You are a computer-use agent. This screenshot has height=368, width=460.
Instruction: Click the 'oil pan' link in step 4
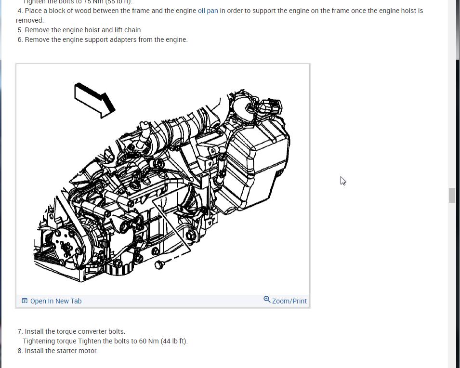coord(208,11)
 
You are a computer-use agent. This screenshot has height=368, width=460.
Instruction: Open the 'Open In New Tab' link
coord(56,301)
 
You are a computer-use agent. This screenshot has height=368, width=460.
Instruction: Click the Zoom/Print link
coord(289,301)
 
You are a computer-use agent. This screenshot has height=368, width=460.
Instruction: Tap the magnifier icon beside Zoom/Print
coord(267,300)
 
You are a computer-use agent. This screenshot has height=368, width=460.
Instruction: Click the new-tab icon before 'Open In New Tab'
coord(25,301)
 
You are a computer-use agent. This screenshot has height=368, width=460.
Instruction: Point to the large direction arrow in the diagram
coord(95,100)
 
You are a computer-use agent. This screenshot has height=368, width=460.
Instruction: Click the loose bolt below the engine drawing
coord(160,264)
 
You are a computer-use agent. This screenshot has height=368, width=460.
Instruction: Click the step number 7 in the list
coord(20,331)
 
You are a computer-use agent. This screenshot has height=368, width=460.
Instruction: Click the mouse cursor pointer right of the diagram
coord(343,181)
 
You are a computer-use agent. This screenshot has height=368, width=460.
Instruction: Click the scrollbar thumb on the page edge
coord(452,195)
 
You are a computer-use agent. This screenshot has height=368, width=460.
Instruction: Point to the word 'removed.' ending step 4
coord(29,20)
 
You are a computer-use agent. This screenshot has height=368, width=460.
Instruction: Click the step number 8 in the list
coord(20,351)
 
